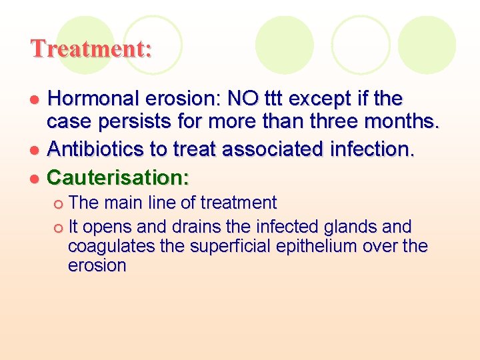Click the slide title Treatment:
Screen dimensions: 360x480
(x=91, y=49)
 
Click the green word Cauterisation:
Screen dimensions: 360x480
(x=119, y=177)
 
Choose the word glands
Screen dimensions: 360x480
(x=359, y=227)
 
